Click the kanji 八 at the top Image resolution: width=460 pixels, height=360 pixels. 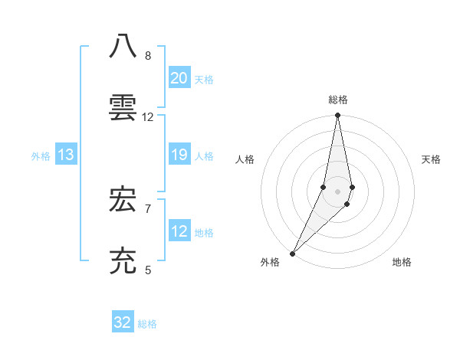123,47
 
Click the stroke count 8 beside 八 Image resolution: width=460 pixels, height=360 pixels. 148,56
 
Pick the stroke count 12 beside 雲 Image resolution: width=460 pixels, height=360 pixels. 148,117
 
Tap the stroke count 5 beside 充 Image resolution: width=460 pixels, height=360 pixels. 148,270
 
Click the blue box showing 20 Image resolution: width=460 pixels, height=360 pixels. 179,78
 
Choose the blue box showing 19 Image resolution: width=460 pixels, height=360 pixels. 179,155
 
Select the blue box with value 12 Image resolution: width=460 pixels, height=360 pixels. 179,231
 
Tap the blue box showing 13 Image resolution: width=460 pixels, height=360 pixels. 66,155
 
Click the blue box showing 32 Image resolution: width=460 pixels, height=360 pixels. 123,322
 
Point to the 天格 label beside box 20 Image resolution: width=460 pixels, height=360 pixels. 204,80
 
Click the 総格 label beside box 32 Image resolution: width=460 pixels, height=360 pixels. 147,324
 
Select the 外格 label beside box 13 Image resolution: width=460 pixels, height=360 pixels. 41,156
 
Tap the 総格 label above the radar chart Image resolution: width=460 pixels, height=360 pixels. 338,100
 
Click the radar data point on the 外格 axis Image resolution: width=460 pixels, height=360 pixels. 292,253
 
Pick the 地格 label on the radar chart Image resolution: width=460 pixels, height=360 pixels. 402,263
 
